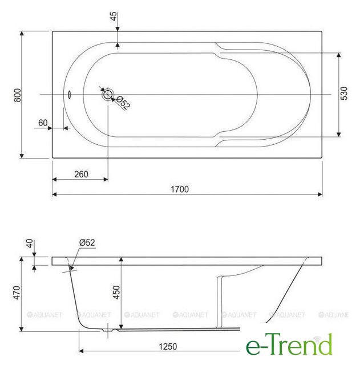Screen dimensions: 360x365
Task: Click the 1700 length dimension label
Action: [x=180, y=189]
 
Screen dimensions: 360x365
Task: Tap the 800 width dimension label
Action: [x=18, y=95]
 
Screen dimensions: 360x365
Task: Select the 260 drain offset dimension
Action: [x=81, y=174]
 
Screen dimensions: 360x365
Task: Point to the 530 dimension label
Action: [x=344, y=94]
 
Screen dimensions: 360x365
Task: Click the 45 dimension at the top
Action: [x=114, y=17]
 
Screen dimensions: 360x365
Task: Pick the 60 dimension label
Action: [x=43, y=123]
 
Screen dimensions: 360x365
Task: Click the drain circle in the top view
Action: [x=108, y=95]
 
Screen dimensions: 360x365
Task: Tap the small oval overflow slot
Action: [x=69, y=95]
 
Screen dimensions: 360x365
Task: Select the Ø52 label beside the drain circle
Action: [x=123, y=103]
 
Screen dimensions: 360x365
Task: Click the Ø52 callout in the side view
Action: [x=87, y=243]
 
